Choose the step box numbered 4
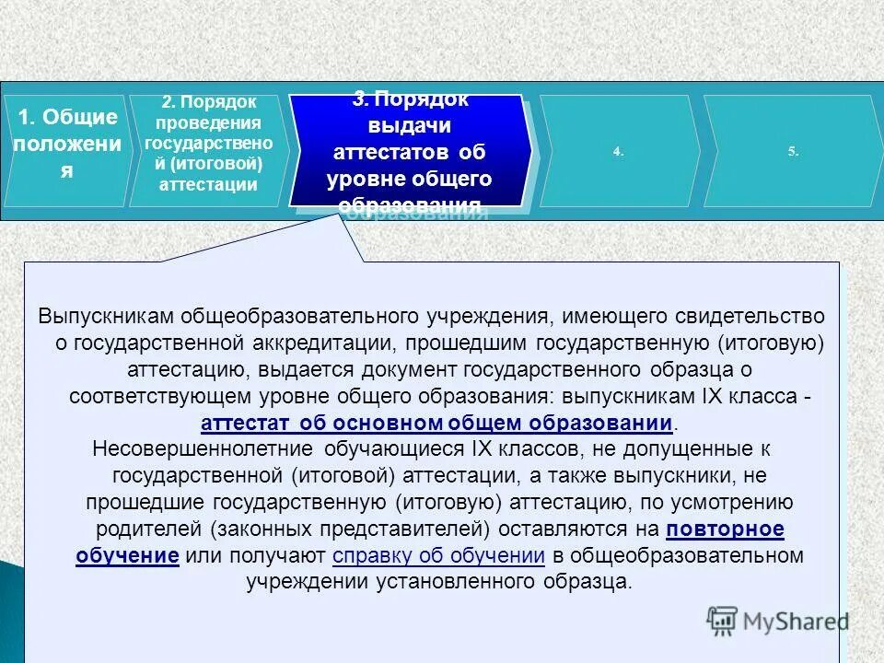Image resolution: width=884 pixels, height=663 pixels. click(x=618, y=151)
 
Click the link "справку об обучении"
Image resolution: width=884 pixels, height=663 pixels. click(x=438, y=556)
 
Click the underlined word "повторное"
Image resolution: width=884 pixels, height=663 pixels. click(x=725, y=529)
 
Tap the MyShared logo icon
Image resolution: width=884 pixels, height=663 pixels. click(x=723, y=621)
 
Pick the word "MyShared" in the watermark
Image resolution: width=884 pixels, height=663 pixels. click(x=796, y=621)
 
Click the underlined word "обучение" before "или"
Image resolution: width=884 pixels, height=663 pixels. click(x=127, y=556)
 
